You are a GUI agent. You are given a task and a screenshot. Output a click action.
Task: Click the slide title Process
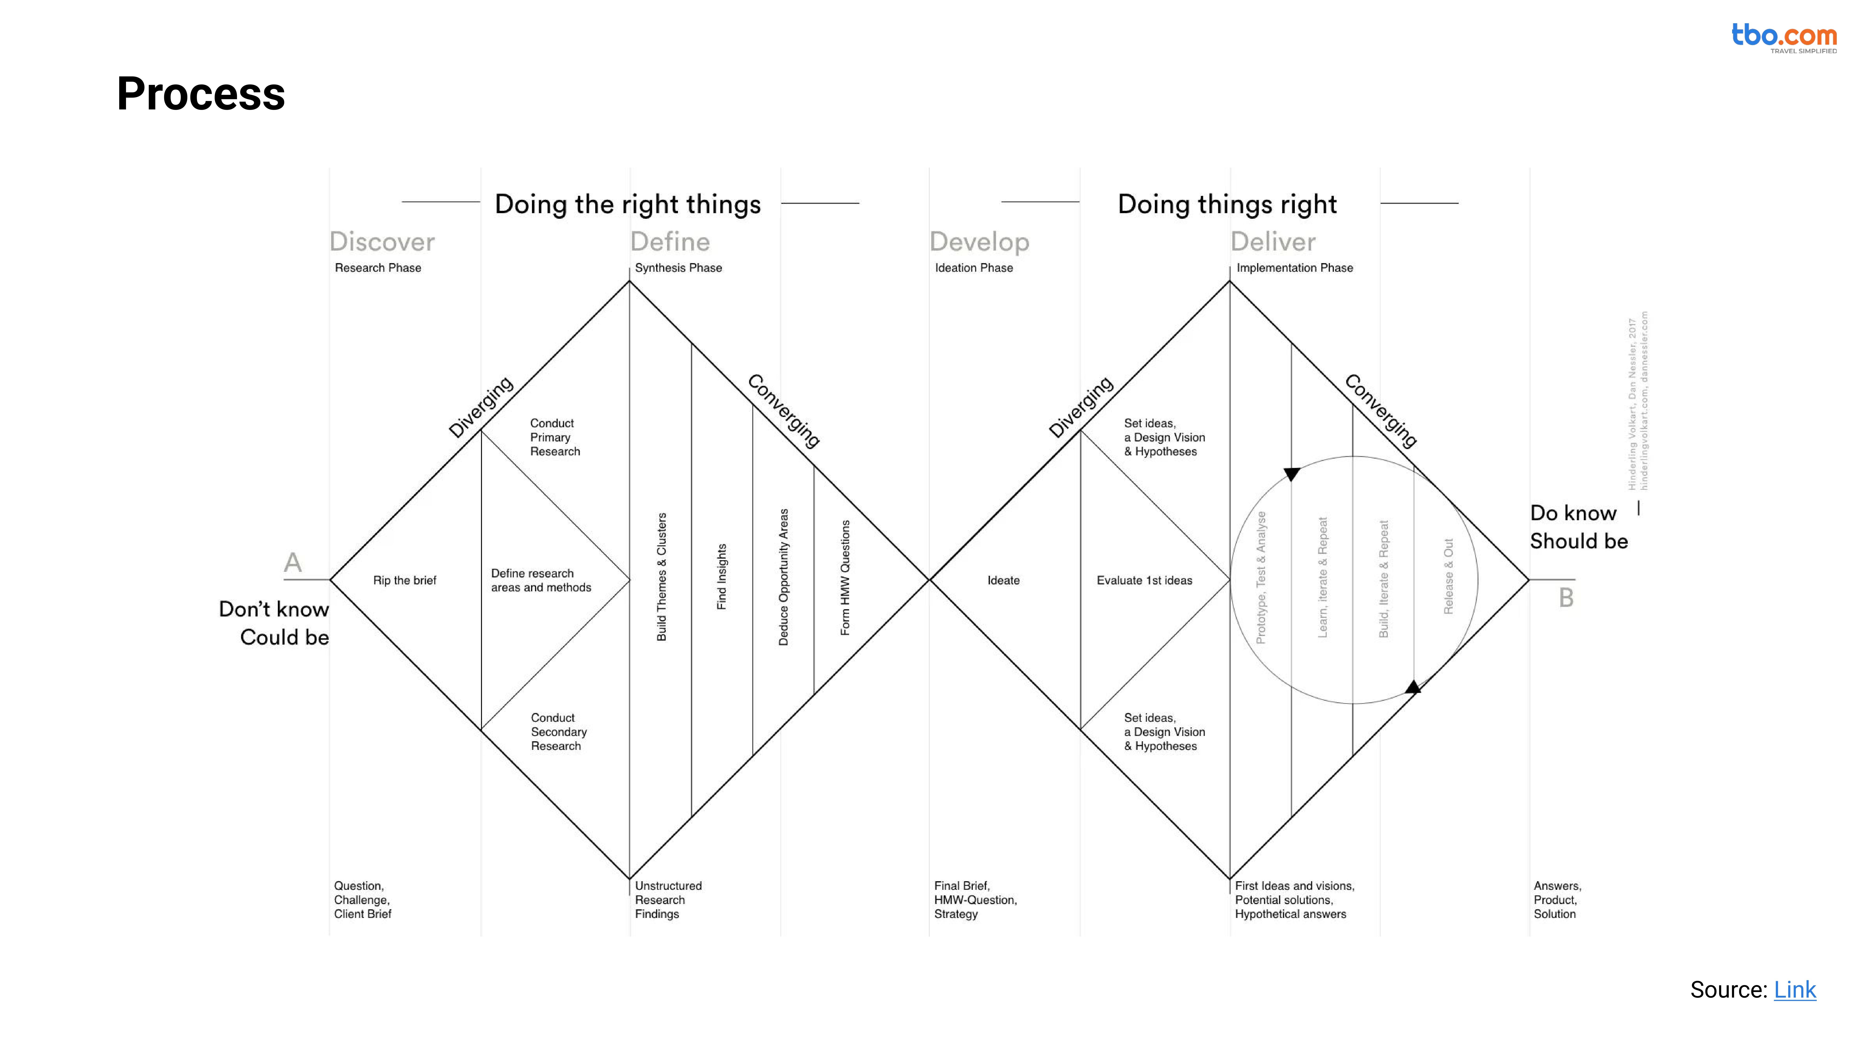201,94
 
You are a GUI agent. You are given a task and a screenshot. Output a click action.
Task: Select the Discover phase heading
382,242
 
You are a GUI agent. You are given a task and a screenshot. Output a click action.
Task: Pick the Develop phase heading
979,242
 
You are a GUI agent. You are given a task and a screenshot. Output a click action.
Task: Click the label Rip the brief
404,580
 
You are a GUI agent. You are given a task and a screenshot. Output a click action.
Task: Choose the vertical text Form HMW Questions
845,577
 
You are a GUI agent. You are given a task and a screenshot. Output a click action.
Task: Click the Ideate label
1003,580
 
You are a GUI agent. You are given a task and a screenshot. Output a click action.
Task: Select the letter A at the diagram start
292,562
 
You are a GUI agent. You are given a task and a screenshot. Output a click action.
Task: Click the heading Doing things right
1227,204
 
